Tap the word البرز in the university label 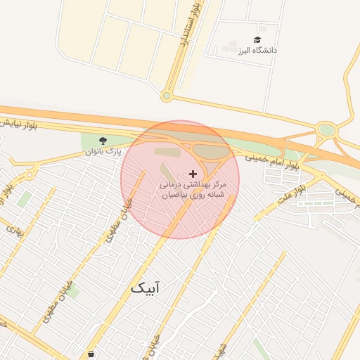[x=244, y=51]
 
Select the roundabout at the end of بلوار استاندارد [x=167, y=96]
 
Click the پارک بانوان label [x=103, y=151]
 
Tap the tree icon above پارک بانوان [x=103, y=141]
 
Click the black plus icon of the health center [x=193, y=173]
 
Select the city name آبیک [x=146, y=288]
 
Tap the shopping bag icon [x=91, y=354]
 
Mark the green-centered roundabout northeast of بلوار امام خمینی [x=326, y=129]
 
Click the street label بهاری [x=15, y=229]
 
